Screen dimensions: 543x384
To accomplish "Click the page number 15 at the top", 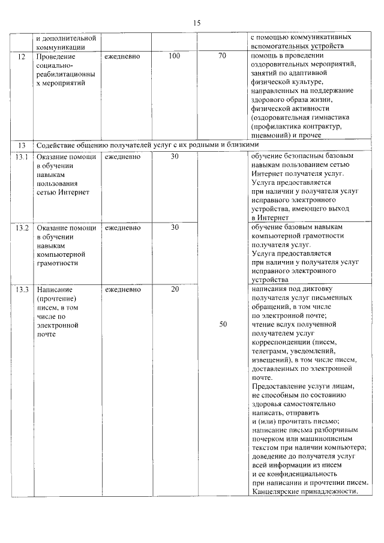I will [x=196, y=22].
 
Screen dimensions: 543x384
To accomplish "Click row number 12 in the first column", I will [x=22, y=56].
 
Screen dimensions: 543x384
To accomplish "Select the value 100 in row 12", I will [x=175, y=56].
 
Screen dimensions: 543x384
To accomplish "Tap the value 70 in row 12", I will [x=223, y=56].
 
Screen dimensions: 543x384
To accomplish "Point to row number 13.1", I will [x=22, y=157].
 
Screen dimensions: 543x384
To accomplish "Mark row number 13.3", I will [x=22, y=290].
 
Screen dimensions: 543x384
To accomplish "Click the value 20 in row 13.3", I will [x=175, y=290].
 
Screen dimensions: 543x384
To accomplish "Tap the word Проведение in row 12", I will [x=56, y=56].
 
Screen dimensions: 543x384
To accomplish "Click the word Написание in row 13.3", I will [x=55, y=290].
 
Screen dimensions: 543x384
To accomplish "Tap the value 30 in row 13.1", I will [x=175, y=157].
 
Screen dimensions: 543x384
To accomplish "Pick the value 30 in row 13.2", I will [x=175, y=227].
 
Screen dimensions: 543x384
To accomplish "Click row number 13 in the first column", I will [x=22, y=145].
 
